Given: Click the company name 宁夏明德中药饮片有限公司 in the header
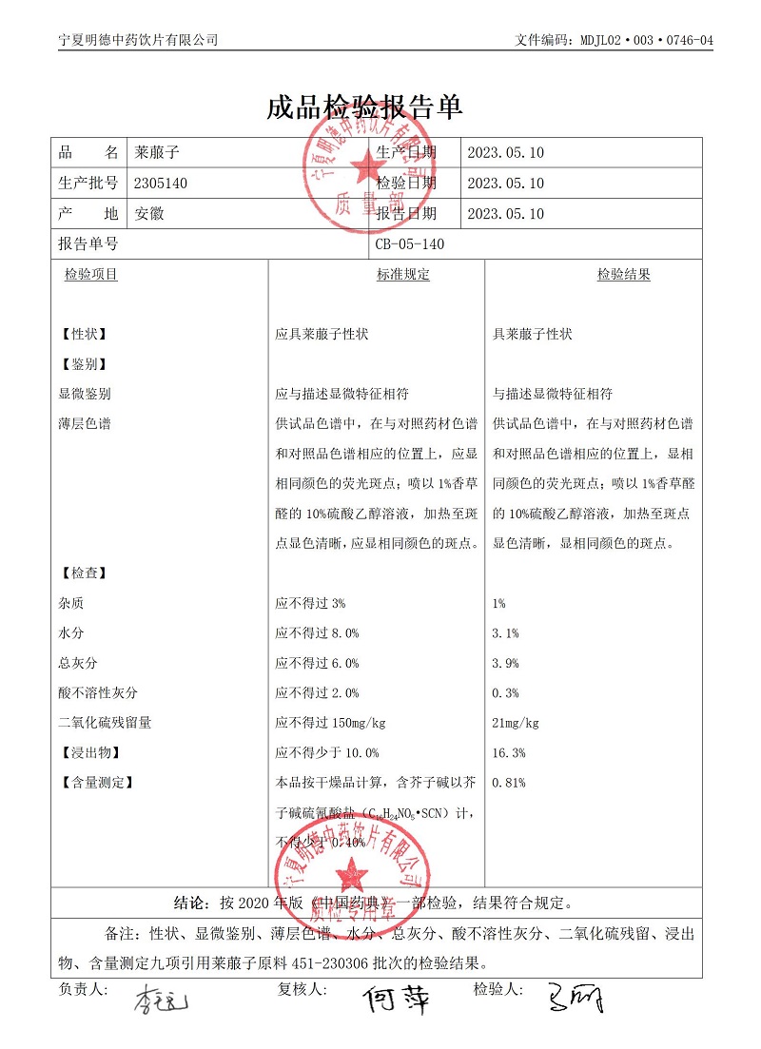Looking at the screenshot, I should pyautogui.click(x=138, y=40).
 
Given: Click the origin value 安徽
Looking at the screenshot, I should pyautogui.click(x=149, y=214).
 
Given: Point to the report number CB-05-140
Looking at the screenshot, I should pyautogui.click(x=410, y=244).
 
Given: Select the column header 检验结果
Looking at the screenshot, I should pyautogui.click(x=624, y=275).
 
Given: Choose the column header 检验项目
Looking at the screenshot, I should pyautogui.click(x=91, y=275).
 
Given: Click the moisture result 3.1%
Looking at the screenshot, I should pyautogui.click(x=506, y=633).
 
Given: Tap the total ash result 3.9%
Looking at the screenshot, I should pyautogui.click(x=506, y=663).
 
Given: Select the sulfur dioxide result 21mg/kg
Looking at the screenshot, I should pyautogui.click(x=516, y=723).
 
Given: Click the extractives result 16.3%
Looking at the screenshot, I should pyautogui.click(x=509, y=752).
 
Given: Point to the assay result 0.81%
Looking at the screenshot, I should pyautogui.click(x=509, y=783).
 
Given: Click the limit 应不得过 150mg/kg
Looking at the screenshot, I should pyautogui.click(x=330, y=723).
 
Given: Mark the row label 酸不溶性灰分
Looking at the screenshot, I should pyautogui.click(x=98, y=692).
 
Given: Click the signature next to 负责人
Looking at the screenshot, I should pyautogui.click(x=162, y=1000).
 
